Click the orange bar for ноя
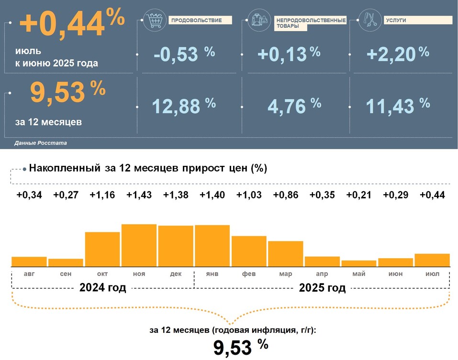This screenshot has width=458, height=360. pos(139,245)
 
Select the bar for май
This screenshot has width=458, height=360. pos(358,263)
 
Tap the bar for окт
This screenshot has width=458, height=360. pos(102,249)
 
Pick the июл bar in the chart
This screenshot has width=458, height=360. pos(432,260)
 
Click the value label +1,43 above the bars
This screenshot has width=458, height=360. pos(139,195)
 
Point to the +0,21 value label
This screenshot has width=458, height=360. pos(358,195)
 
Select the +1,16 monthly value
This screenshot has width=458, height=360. pos(102,195)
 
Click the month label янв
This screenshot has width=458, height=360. pos(212,274)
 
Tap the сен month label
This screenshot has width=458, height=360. pos(66,274)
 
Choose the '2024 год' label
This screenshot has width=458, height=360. pos(103,288)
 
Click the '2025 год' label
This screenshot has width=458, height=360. pos(322,288)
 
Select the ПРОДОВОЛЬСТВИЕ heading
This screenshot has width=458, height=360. pos(196,20)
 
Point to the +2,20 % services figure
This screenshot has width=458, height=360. pos(397,54)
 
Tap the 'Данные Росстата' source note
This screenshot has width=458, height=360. pos(41,143)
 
